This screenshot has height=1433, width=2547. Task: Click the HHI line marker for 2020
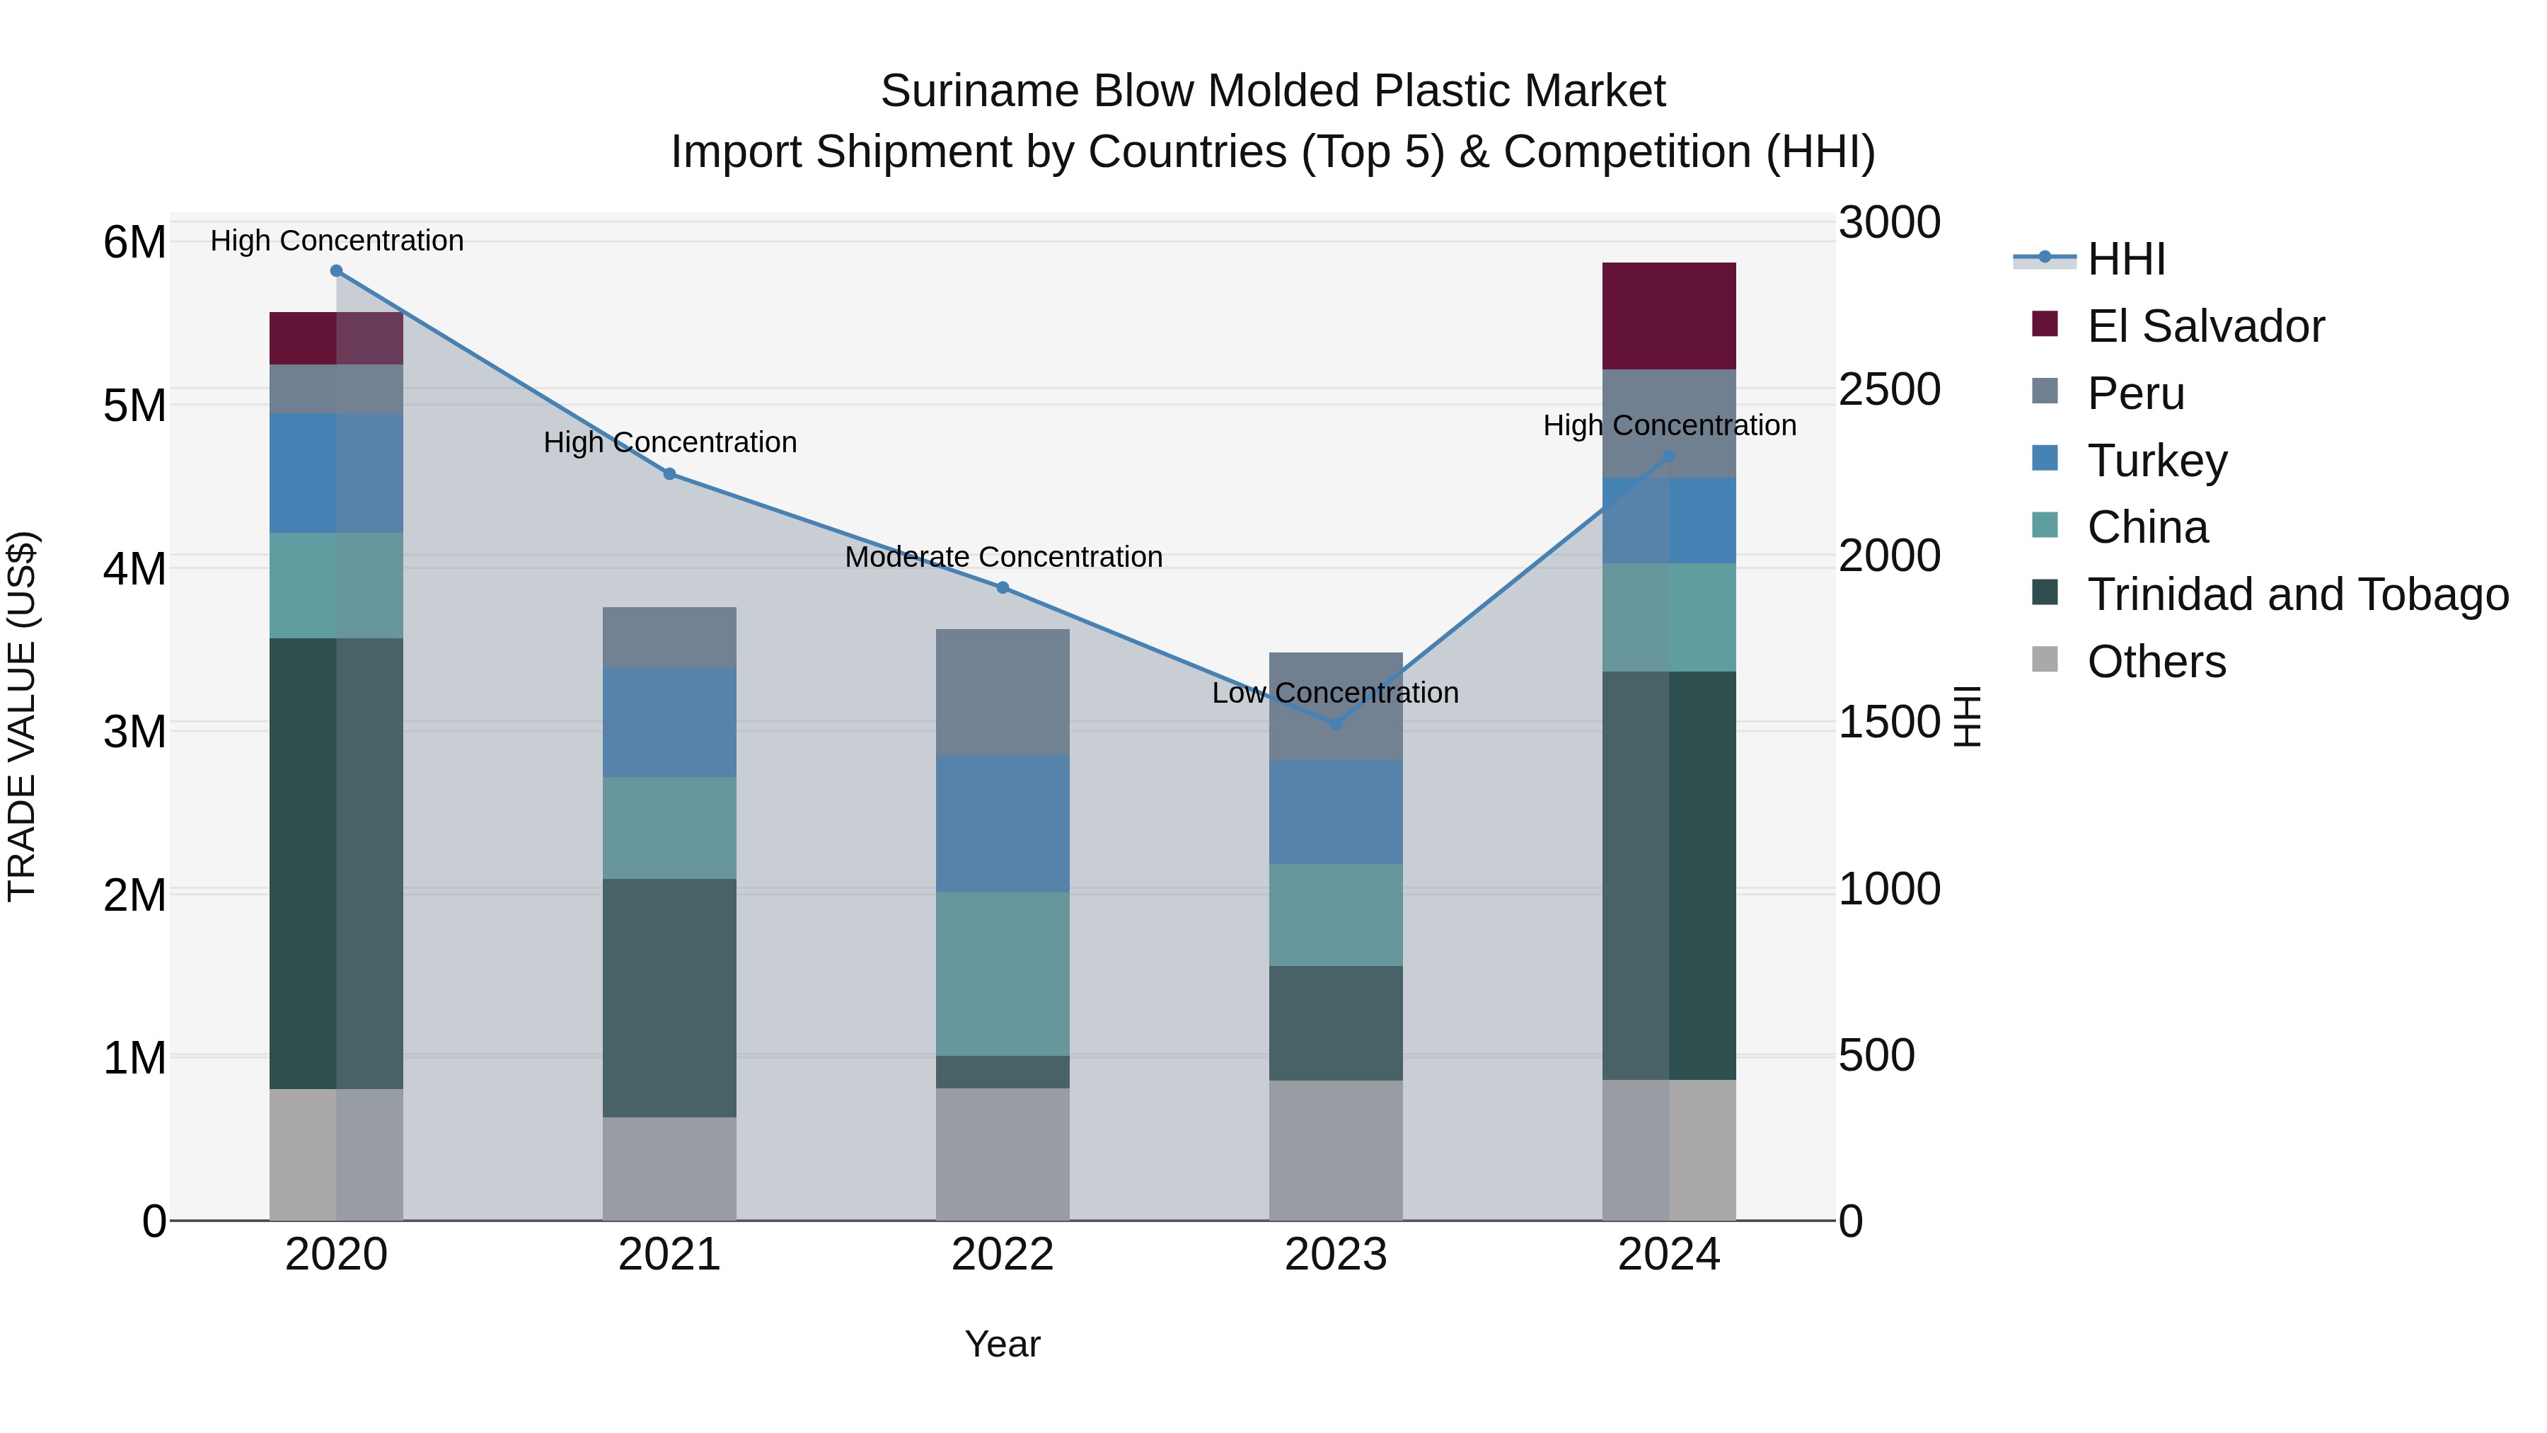click(x=336, y=271)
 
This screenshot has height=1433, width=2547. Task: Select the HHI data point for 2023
click(x=1336, y=724)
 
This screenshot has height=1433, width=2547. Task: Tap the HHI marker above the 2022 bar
click(x=1003, y=587)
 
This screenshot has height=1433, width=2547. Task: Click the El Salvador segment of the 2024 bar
click(x=1669, y=316)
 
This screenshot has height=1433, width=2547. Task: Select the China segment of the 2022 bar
click(x=1003, y=974)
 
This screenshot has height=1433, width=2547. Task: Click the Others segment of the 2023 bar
click(x=1336, y=1149)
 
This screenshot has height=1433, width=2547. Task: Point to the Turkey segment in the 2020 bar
click(x=336, y=473)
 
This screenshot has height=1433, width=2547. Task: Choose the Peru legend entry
click(x=2136, y=393)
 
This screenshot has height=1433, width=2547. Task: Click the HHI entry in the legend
click(x=2126, y=259)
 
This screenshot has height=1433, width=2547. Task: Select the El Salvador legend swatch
click(x=2045, y=324)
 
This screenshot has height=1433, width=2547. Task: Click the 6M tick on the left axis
click(x=134, y=242)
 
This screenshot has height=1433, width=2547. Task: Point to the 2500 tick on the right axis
click(x=1888, y=390)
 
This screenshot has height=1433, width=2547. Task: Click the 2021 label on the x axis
click(x=669, y=1255)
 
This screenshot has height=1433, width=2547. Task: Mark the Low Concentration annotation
click(x=1335, y=692)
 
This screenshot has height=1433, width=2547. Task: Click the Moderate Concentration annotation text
click(x=1003, y=557)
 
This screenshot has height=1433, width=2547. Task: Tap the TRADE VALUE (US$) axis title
click(x=22, y=716)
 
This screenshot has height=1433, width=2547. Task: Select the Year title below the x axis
click(x=1003, y=1344)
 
